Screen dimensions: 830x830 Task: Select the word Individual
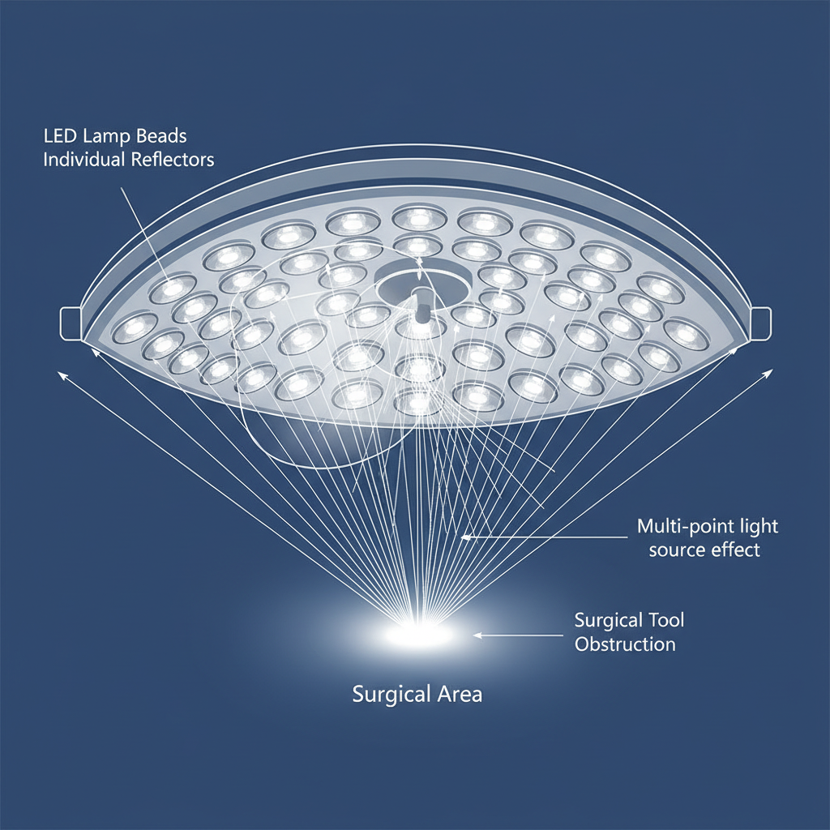coord(83,159)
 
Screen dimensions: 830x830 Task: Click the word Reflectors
coord(172,159)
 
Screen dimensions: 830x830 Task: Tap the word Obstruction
coord(625,644)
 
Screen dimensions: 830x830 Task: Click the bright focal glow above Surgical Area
coord(418,633)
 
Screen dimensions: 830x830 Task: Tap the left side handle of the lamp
coord(70,323)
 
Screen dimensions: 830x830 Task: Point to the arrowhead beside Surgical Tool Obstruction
coord(478,635)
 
